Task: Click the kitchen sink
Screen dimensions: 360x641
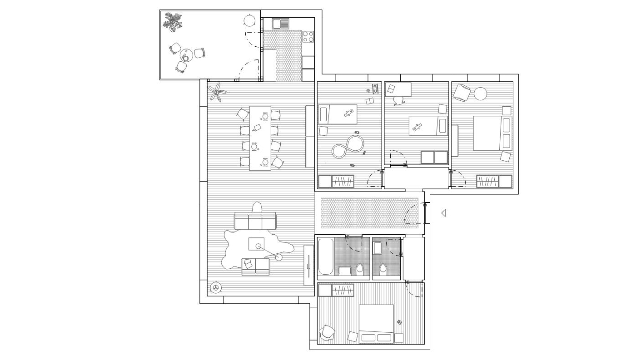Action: tap(281, 24)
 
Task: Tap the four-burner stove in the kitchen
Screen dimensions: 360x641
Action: tap(308, 36)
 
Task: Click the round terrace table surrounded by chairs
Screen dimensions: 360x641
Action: tap(186, 57)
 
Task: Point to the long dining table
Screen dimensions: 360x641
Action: tap(260, 138)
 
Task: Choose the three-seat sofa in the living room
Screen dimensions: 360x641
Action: tap(255, 222)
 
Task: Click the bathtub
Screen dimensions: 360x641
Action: tap(325, 257)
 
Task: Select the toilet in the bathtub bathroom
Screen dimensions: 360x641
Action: tap(360, 270)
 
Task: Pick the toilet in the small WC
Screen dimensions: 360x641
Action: tap(383, 270)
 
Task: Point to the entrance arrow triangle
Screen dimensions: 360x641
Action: tap(443, 213)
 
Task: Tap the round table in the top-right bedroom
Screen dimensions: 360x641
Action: tap(480, 94)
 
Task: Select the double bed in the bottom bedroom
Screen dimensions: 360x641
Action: tap(376, 324)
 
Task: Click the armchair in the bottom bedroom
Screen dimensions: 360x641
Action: tap(327, 333)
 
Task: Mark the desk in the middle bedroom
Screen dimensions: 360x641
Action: tap(398, 89)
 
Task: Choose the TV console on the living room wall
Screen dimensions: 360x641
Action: tap(308, 265)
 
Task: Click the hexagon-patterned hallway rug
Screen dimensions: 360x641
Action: tap(369, 213)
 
